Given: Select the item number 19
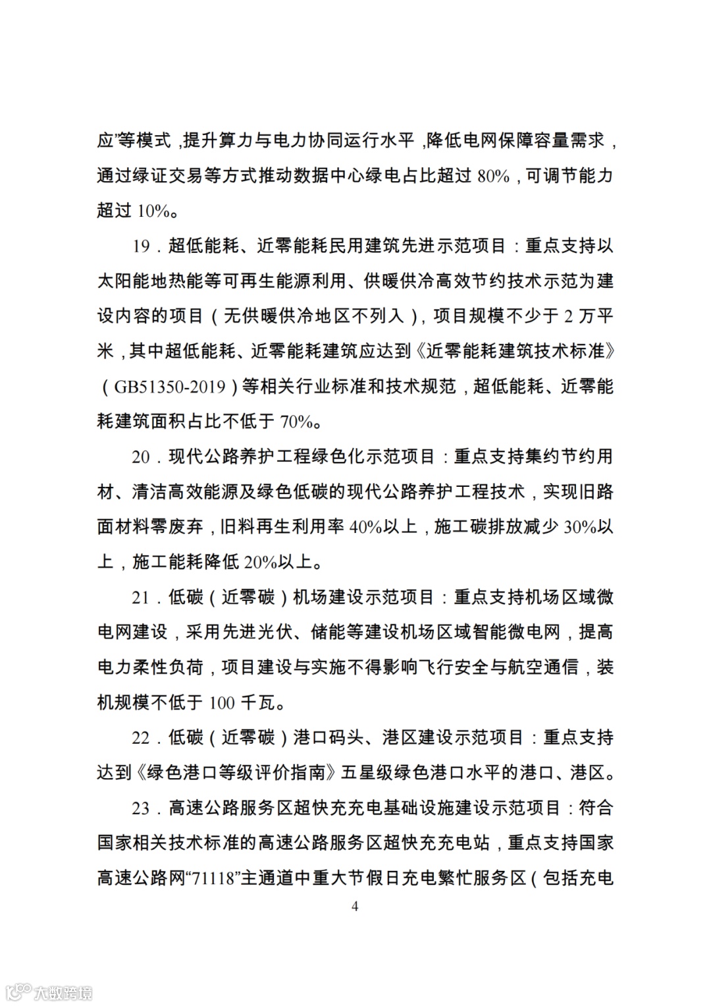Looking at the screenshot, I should click(141, 246).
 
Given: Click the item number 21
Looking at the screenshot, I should click(141, 598).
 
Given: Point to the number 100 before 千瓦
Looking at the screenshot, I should click(222, 703).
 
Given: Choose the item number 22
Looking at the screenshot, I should click(141, 738).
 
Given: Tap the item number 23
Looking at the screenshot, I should click(141, 808).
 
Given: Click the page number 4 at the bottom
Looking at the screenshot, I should click(355, 907).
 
